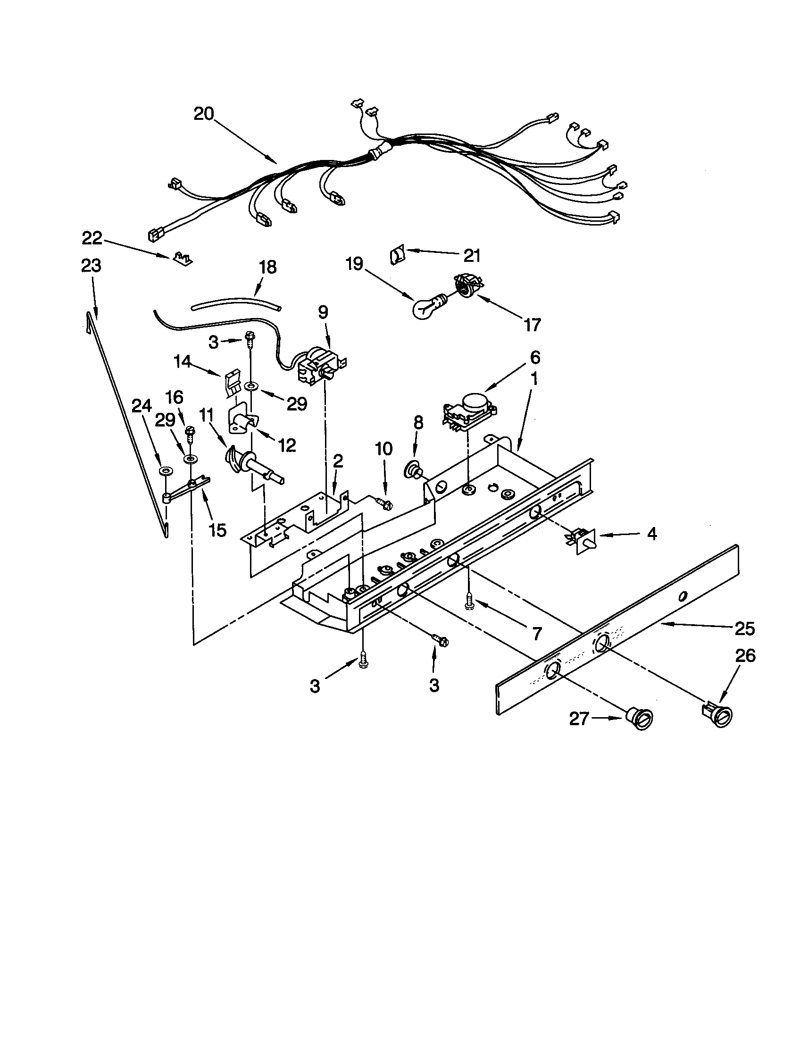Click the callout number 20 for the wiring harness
(x=204, y=115)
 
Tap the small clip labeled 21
(x=397, y=255)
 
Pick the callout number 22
(x=92, y=238)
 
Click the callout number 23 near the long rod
(x=91, y=266)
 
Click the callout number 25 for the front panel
(x=744, y=629)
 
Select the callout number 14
(x=182, y=362)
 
